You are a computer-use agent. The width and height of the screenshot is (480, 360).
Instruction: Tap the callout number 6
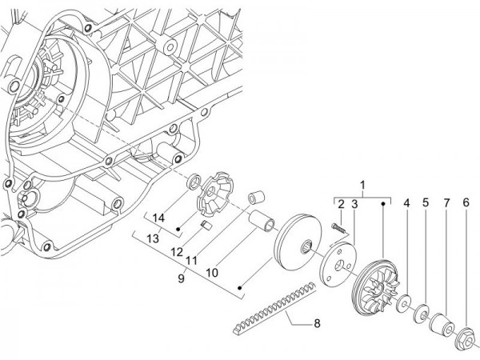point(465,204)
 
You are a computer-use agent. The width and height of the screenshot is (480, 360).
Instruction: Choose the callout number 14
point(158,218)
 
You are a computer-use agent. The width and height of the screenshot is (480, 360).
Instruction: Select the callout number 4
point(406,204)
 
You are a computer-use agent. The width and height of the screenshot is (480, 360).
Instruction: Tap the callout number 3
point(354,204)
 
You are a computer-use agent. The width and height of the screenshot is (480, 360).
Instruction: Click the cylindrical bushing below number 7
point(442,328)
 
